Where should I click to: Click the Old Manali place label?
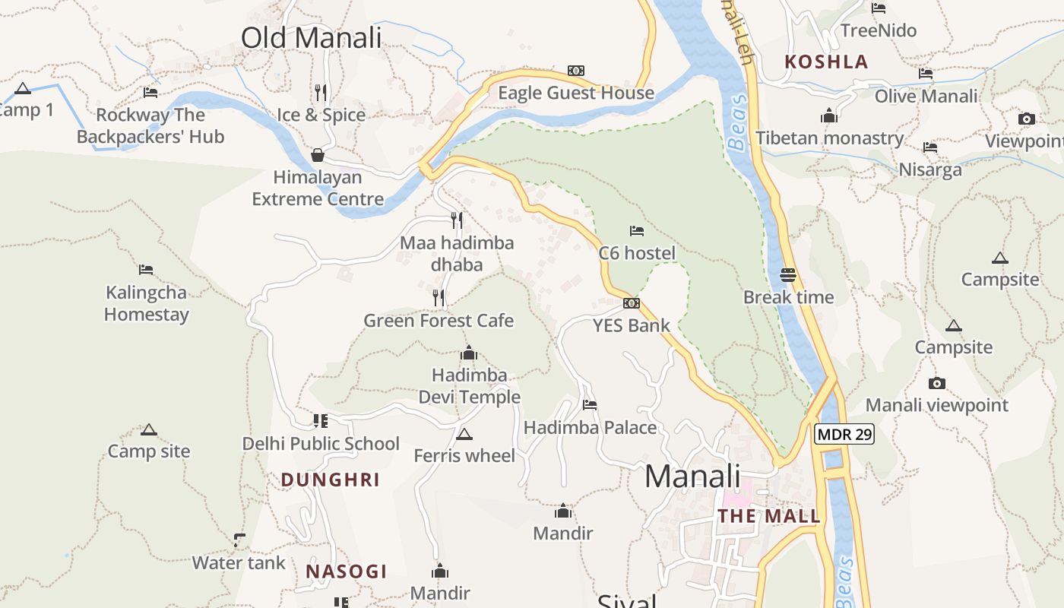(311, 37)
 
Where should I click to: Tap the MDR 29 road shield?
(844, 435)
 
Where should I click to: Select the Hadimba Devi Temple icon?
(469, 353)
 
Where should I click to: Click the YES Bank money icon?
(631, 303)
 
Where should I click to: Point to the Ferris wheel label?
(464, 455)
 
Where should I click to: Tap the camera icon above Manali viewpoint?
(937, 384)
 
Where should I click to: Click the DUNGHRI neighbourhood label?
(330, 480)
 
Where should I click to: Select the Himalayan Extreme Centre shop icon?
(318, 156)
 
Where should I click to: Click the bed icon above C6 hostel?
(637, 231)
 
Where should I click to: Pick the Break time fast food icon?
(788, 275)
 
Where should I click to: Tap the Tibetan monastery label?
(829, 138)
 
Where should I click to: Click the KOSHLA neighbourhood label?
(826, 62)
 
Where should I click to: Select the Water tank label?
(239, 563)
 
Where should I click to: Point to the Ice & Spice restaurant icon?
(321, 93)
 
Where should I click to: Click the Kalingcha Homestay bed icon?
(146, 270)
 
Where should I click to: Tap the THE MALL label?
(769, 517)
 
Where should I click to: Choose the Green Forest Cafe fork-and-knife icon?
(439, 298)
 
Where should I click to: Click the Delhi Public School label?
(321, 444)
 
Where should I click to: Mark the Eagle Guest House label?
(575, 93)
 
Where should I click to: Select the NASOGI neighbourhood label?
(347, 572)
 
